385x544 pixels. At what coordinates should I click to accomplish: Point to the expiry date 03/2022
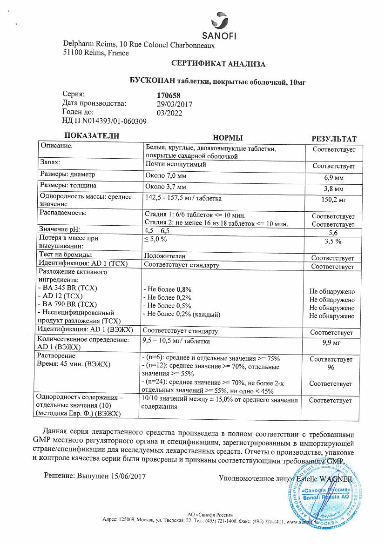pos(170,113)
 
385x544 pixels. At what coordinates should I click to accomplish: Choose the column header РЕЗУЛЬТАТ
pos(333,139)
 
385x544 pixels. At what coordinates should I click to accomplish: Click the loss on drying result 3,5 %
pos(333,241)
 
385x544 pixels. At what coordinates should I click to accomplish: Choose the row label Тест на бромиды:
pos(66,255)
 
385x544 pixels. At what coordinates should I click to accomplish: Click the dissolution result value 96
pos(333,367)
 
